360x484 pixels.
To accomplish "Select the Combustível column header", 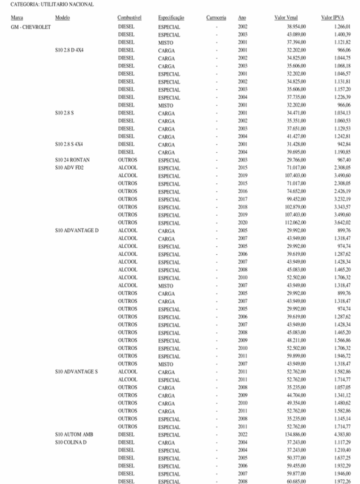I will [x=129, y=18].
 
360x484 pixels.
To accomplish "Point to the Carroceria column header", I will [x=216, y=18].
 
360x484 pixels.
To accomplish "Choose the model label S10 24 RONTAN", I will [x=72, y=160].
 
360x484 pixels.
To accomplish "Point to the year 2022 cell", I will [x=242, y=434].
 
